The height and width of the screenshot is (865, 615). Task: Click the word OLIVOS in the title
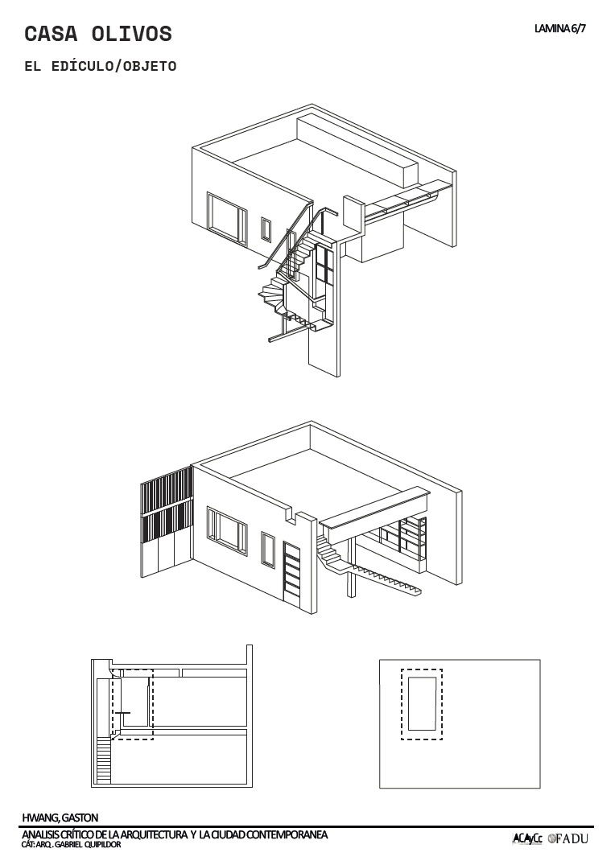click(132, 34)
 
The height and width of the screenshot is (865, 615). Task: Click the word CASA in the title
click(51, 34)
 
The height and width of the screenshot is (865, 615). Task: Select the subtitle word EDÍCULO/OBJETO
click(114, 66)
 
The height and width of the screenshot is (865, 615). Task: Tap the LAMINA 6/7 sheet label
click(559, 29)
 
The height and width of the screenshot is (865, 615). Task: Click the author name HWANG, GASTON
click(60, 818)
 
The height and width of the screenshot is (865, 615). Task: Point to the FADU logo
click(568, 839)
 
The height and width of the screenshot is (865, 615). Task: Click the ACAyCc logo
click(528, 839)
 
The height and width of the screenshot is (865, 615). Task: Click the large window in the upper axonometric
click(227, 216)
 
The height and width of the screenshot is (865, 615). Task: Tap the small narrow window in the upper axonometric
click(266, 229)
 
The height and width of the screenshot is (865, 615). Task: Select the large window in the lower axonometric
click(227, 530)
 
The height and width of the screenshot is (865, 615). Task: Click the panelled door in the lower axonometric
click(292, 572)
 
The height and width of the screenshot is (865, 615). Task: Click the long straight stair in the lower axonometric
click(386, 579)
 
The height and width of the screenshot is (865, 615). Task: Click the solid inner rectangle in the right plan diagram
click(423, 704)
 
